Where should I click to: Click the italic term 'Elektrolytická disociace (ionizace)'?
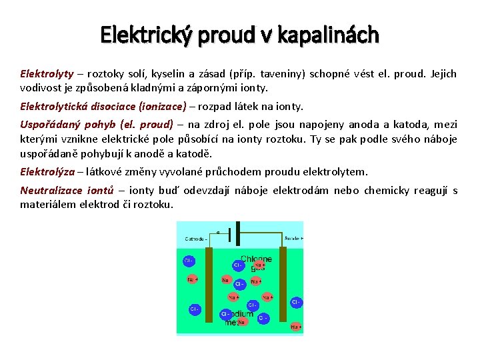click(x=103, y=106)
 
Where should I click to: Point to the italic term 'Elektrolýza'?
click(x=47, y=171)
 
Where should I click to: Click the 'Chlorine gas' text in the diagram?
click(x=256, y=263)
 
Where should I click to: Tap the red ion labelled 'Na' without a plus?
click(x=227, y=280)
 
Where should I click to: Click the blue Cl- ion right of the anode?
click(x=295, y=302)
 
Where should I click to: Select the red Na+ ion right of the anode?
click(x=295, y=327)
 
